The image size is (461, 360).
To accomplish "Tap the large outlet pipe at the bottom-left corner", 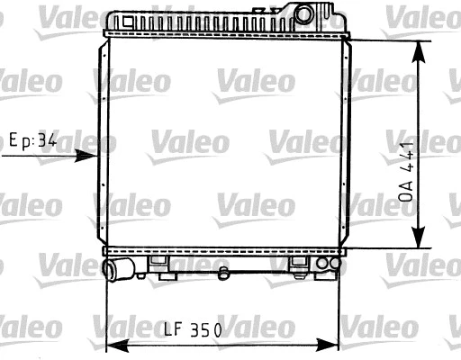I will [x=116, y=268].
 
